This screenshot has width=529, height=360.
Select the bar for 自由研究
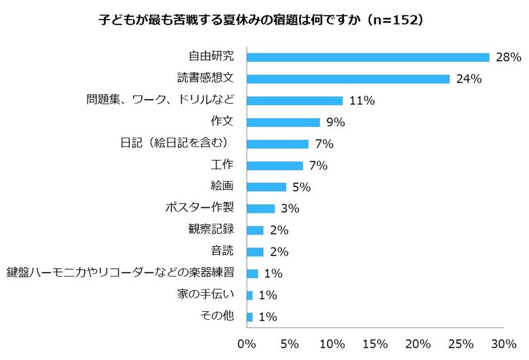[x=368, y=57]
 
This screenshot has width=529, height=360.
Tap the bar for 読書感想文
[x=348, y=79]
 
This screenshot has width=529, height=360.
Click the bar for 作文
[x=283, y=122]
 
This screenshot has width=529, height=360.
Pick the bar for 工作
[x=275, y=165]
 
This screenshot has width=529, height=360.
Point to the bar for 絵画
[x=267, y=187]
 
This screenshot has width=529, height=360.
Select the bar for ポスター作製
[x=260, y=209]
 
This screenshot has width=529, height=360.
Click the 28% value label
[x=508, y=58]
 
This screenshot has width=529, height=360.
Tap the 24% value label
[x=469, y=79]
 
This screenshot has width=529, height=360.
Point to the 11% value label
[x=362, y=101]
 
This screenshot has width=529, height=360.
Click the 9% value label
[x=336, y=123]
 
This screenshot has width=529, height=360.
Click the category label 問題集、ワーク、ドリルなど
[x=160, y=100]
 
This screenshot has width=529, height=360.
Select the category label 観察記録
[x=211, y=230]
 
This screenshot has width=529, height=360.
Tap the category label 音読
[x=222, y=252]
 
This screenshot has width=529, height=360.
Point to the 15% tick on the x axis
[x=375, y=343]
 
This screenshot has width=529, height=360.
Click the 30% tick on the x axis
[x=503, y=343]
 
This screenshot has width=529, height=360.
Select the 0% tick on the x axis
[x=247, y=343]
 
